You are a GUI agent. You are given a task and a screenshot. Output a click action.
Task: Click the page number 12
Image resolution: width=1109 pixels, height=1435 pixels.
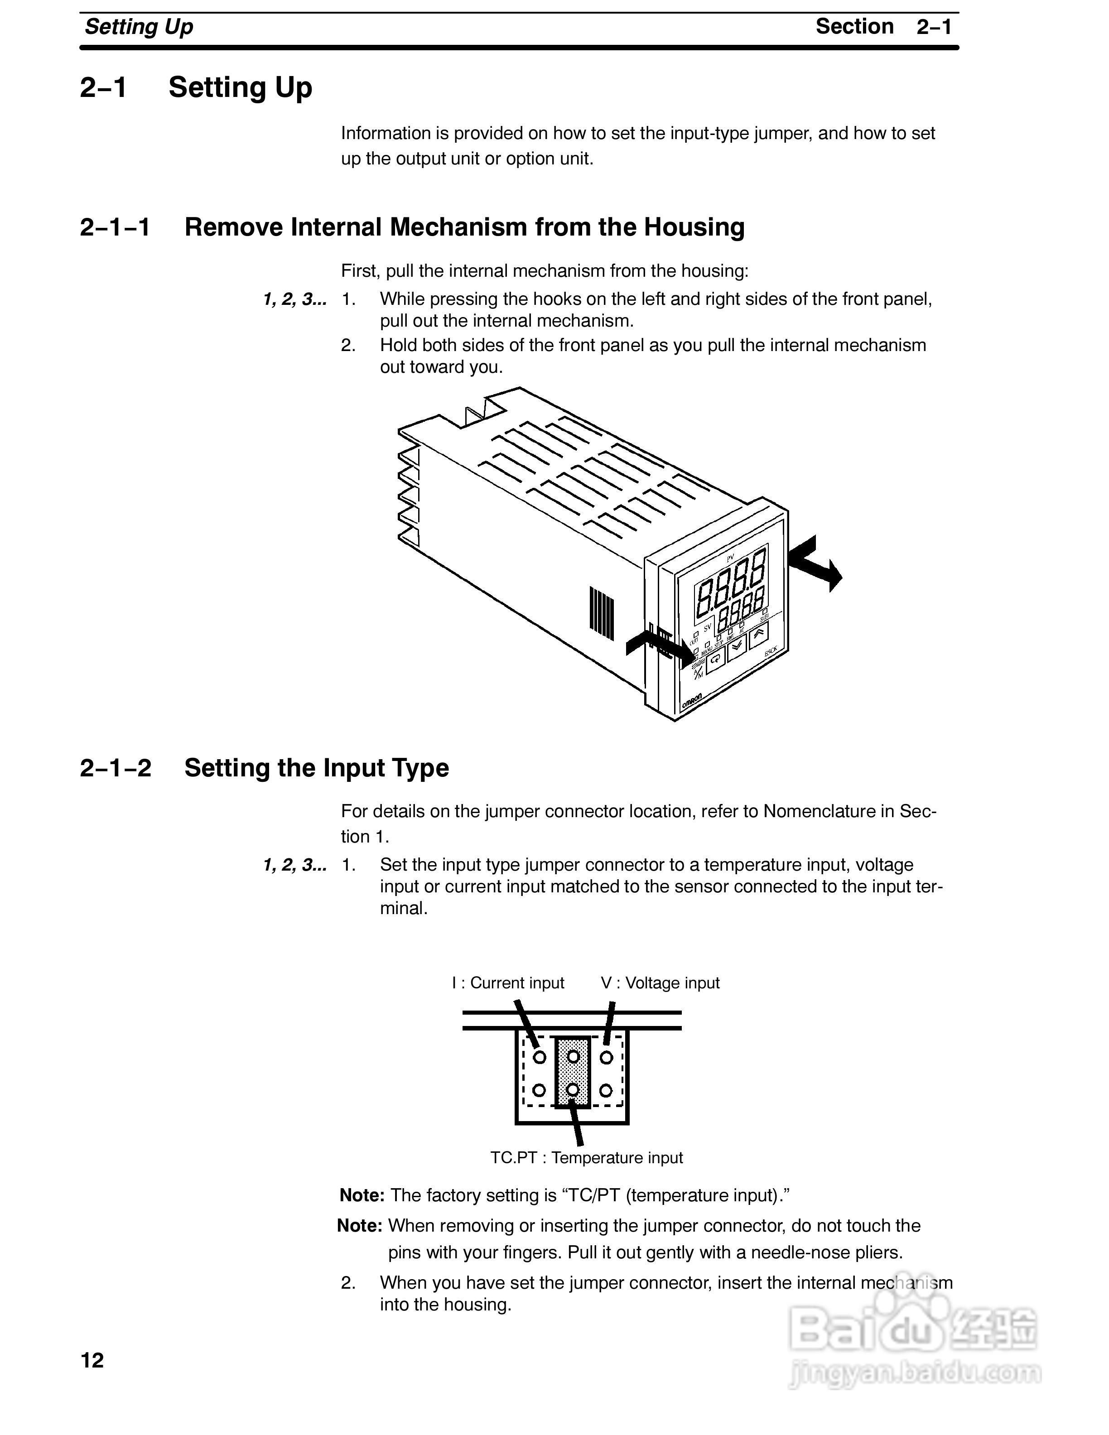[92, 1360]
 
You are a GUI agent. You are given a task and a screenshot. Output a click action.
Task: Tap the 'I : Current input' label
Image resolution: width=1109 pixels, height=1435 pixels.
[508, 983]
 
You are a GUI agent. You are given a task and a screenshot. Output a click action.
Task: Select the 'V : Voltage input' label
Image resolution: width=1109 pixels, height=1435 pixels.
[660, 983]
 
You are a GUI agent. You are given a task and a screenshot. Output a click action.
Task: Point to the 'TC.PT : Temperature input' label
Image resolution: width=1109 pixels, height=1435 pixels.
[586, 1158]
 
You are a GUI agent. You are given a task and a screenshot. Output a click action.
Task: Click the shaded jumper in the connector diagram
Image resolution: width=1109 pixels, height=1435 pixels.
[573, 1073]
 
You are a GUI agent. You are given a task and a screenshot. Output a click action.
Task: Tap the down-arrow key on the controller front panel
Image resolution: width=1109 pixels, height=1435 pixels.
[737, 645]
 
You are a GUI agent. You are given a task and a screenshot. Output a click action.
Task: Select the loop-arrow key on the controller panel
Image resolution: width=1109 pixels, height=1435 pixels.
[716, 658]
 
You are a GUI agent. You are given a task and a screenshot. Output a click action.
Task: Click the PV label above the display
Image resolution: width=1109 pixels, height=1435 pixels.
[730, 558]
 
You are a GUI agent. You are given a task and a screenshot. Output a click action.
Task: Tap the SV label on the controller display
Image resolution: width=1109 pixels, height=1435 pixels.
[707, 627]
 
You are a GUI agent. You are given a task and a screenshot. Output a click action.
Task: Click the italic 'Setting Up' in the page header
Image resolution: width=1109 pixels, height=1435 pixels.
[139, 27]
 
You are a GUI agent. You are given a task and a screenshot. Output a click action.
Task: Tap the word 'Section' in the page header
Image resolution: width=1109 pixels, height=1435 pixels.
[854, 27]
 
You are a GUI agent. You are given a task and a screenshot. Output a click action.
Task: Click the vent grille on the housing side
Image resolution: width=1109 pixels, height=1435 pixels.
[602, 613]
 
